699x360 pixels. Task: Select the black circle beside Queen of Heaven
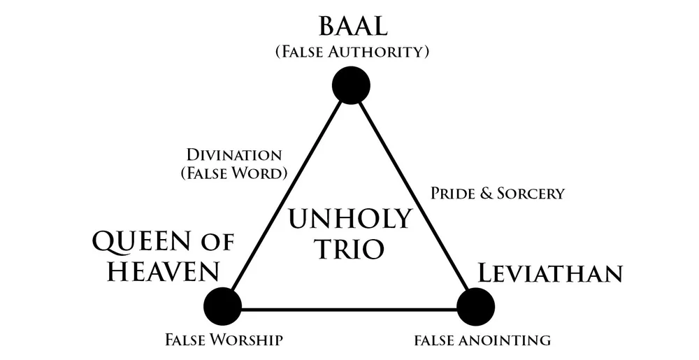(222, 305)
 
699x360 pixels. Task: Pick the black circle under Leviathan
(476, 306)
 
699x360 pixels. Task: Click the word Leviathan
(549, 273)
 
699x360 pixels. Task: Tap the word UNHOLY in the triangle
(350, 219)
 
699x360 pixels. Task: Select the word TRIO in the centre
(350, 250)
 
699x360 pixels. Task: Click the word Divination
(233, 154)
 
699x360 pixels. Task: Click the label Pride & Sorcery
(498, 194)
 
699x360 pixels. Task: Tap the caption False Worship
(224, 340)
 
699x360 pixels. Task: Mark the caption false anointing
(482, 340)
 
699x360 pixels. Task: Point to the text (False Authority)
(351, 52)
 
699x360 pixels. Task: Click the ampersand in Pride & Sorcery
(484, 194)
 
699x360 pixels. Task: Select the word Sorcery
(528, 194)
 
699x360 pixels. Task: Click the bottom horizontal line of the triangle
(349, 308)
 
